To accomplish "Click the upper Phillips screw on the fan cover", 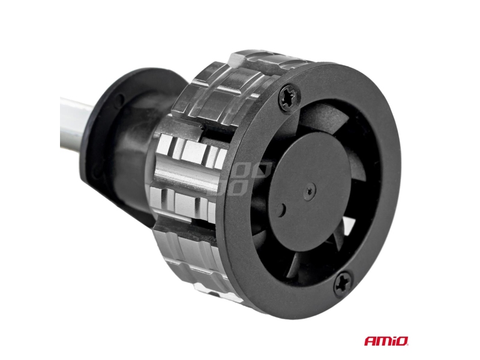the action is point(290,97).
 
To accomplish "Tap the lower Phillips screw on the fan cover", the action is point(343,284).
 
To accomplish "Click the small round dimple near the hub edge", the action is point(281,209).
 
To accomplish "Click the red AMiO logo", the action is point(386,340).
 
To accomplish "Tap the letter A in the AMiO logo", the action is point(370,341).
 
